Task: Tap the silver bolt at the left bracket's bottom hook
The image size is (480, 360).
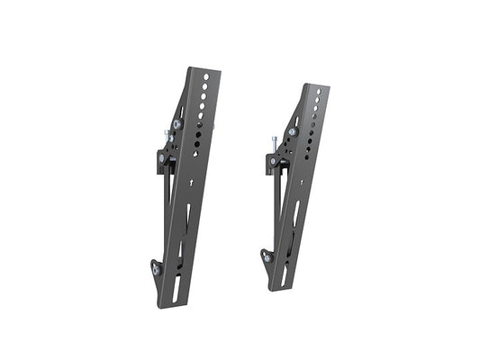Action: pyautogui.click(x=156, y=269)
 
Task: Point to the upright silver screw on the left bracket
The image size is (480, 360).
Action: pyautogui.click(x=168, y=137)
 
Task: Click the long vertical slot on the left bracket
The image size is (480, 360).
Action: pyautogui.click(x=186, y=220)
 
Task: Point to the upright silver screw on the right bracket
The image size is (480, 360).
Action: pyautogui.click(x=273, y=144)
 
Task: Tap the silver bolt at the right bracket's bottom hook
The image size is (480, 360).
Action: pyautogui.click(x=267, y=257)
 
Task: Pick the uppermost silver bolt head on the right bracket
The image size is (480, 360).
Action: pyautogui.click(x=293, y=131)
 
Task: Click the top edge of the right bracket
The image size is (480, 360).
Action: pyautogui.click(x=314, y=85)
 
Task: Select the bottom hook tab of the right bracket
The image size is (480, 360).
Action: pyautogui.click(x=267, y=256)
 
